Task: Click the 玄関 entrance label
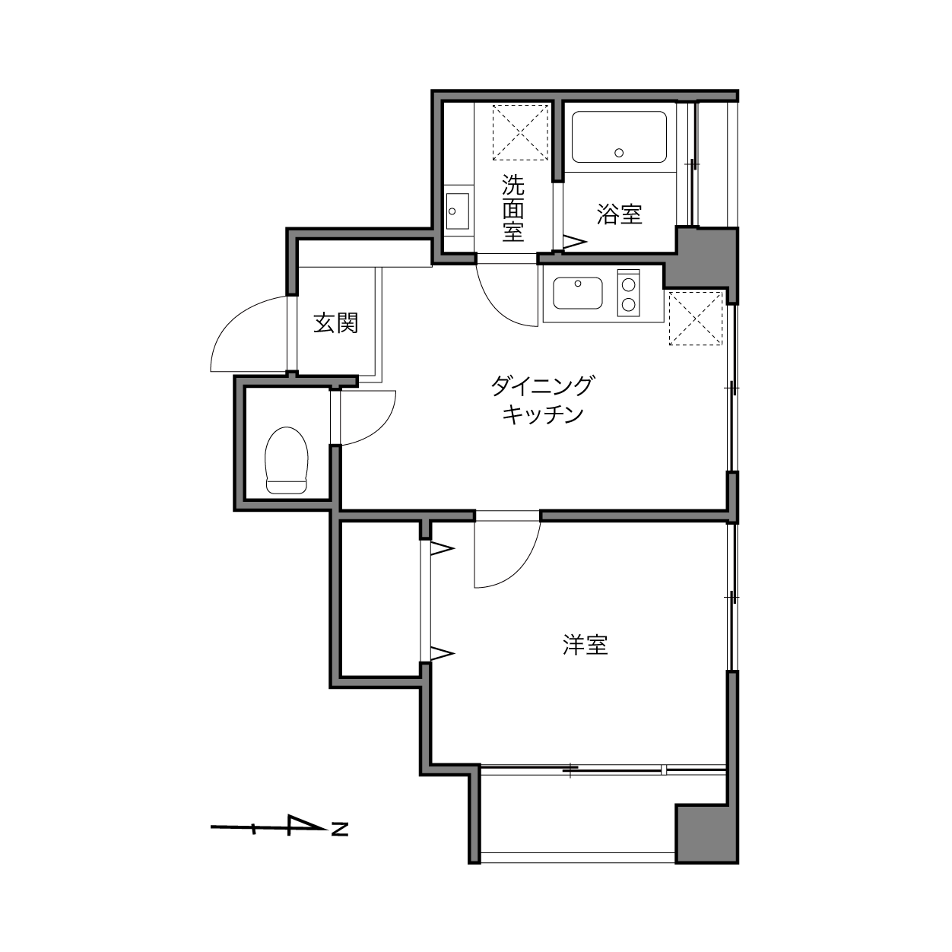335,323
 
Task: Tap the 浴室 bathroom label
620,214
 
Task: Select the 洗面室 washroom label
513,208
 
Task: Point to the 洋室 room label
585,645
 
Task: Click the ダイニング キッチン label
543,400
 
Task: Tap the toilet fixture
287,460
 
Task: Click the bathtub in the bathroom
619,137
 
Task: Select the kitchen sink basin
578,293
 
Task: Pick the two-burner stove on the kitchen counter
628,293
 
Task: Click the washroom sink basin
458,211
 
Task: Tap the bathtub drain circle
619,153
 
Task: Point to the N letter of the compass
339,829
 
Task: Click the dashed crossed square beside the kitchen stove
696,318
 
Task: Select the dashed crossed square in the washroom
520,132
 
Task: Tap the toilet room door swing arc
380,430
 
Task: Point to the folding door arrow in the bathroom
575,242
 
